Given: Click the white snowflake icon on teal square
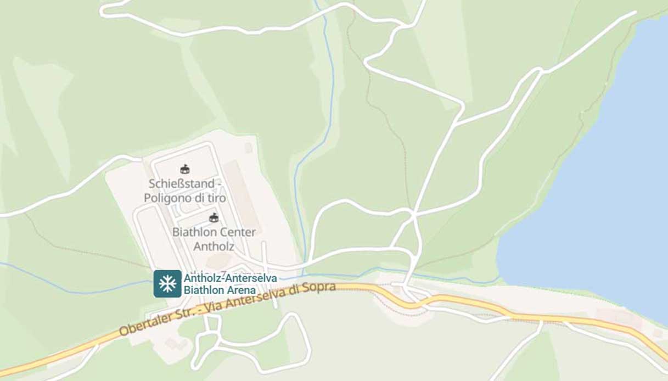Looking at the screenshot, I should point(167,284).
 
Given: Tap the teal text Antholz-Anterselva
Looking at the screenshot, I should point(230,278).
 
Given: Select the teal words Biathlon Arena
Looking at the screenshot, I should point(220,290).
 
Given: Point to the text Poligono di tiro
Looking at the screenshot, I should point(185,198).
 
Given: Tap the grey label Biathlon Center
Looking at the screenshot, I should point(214,232).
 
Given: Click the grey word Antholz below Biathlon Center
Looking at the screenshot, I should point(214,246).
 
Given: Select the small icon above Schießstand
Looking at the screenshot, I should point(185,169).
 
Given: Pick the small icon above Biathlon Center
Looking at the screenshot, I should point(214,217).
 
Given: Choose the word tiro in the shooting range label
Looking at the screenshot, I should point(215,198).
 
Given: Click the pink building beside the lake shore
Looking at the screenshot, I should point(615,318).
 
